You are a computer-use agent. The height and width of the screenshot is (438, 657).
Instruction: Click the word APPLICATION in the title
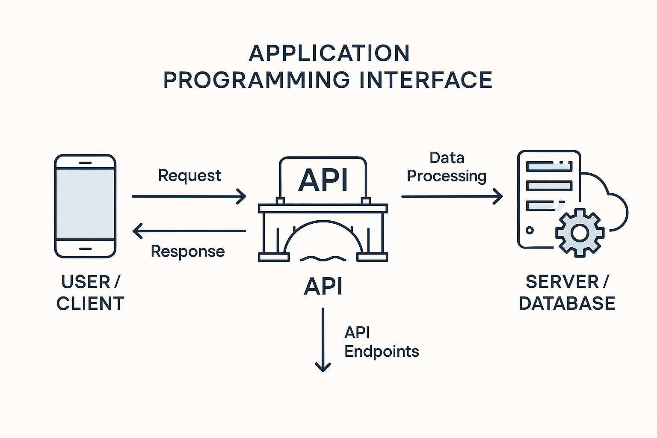click(329, 53)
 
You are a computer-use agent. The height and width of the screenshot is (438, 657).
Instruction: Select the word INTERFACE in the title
click(426, 80)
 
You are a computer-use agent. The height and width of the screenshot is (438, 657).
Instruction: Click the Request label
click(189, 175)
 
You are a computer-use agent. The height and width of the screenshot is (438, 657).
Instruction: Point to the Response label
click(188, 251)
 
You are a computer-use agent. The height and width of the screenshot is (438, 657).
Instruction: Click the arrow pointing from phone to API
click(189, 196)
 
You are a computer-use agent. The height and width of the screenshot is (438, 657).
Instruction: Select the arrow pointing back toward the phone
click(189, 231)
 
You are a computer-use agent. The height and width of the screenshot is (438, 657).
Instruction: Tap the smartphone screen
click(86, 204)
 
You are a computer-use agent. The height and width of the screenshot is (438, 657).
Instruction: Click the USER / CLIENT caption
click(90, 293)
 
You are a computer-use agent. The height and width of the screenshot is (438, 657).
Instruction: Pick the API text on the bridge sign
click(323, 180)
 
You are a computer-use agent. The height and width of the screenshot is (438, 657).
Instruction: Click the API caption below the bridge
click(323, 286)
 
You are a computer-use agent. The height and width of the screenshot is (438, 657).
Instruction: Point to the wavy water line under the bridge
click(323, 258)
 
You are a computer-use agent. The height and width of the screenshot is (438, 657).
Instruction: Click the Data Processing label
click(447, 167)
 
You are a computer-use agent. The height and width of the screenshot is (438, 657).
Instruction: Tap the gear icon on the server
click(580, 233)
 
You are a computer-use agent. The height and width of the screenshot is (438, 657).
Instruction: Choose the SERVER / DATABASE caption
click(567, 293)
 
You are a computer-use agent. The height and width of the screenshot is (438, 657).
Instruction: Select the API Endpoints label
click(381, 342)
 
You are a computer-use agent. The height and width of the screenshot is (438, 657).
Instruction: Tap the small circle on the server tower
click(530, 230)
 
